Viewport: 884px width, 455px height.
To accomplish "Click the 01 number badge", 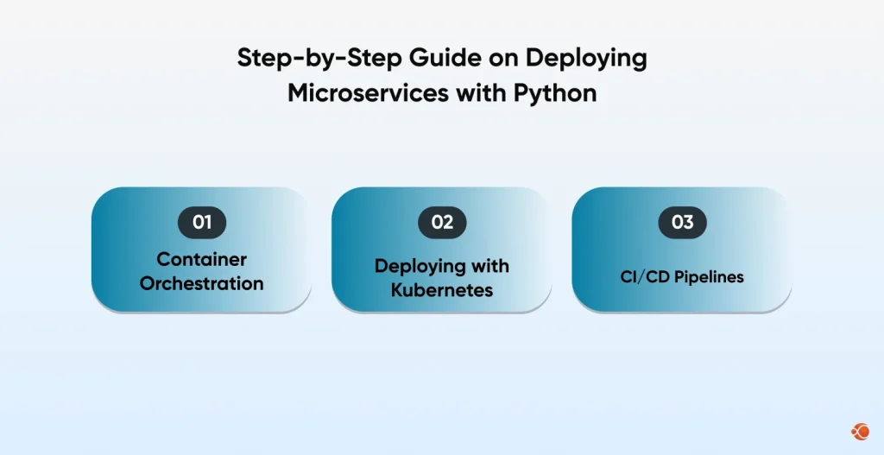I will pos(201,223).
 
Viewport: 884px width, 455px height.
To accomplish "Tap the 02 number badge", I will pos(442,223).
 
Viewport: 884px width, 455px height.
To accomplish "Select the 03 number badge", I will pos(682,223).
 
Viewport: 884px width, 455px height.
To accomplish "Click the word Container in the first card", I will pos(201,259).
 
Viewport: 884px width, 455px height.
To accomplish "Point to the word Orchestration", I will pos(201,283).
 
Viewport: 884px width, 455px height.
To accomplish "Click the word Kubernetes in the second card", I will pos(442,289).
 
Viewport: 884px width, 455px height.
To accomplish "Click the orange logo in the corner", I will pos(860,431).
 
